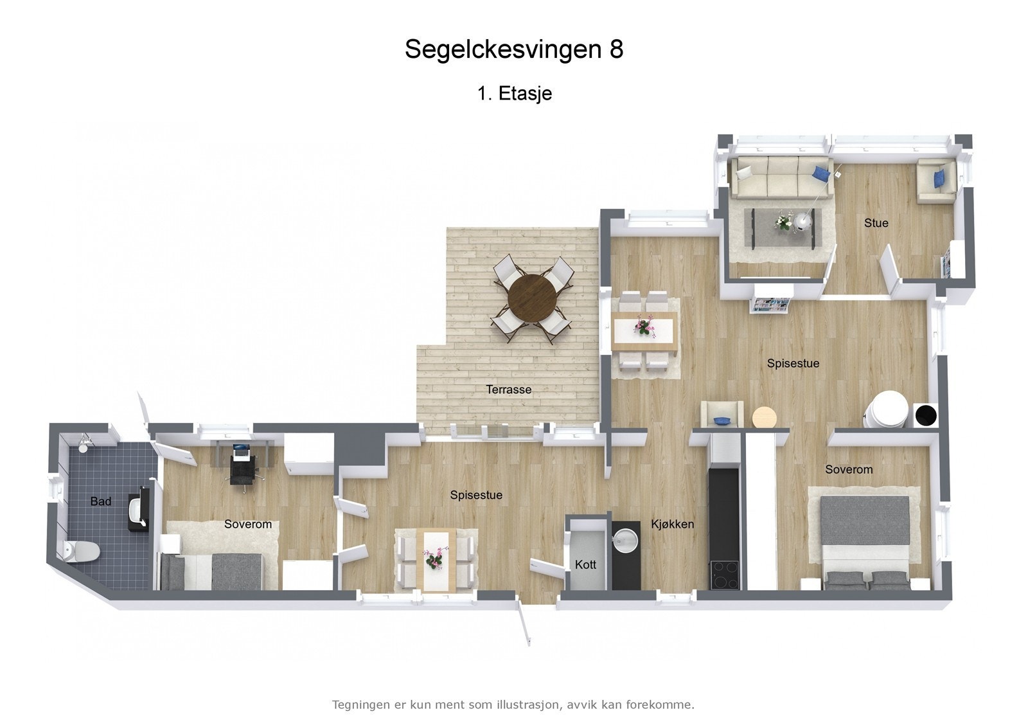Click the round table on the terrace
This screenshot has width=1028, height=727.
532,298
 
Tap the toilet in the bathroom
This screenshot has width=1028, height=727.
84,552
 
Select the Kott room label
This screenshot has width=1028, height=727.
585,564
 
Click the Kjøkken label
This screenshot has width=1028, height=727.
672,524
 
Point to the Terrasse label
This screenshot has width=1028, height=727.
508,389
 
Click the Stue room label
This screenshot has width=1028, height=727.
876,223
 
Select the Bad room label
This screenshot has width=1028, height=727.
101,501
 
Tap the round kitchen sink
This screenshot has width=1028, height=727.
625,537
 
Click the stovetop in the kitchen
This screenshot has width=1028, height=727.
724,574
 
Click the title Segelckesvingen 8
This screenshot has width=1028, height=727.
514,49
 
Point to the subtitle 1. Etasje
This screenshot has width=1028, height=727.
514,94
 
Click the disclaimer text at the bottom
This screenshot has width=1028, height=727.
513,705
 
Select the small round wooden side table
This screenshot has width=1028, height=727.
765,417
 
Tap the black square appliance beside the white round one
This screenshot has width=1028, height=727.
925,415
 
